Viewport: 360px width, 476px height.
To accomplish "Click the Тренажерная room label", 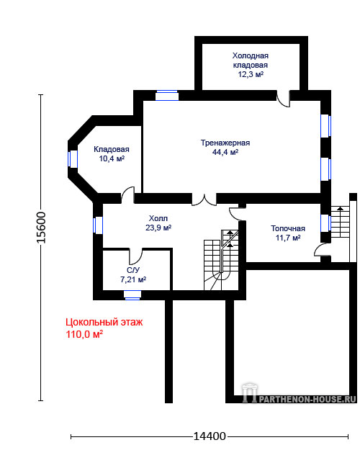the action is pyautogui.click(x=225, y=143).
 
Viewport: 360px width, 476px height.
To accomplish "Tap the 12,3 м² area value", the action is pyautogui.click(x=251, y=74).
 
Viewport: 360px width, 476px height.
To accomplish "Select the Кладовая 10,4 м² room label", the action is pyautogui.click(x=112, y=153).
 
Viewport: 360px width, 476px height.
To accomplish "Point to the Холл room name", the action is pyautogui.click(x=158, y=218).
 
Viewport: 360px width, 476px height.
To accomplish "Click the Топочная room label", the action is pyautogui.click(x=288, y=228).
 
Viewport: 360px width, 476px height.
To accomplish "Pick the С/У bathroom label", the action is pyautogui.click(x=133, y=270).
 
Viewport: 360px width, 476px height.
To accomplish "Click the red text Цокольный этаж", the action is pyautogui.click(x=104, y=322).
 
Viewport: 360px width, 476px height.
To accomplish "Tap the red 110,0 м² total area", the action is pyautogui.click(x=84, y=335).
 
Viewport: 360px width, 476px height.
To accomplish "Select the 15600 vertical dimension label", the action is pyautogui.click(x=41, y=228).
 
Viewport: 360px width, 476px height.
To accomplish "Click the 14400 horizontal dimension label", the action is pyautogui.click(x=210, y=436).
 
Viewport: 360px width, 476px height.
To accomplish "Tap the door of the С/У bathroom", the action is pyautogui.click(x=135, y=256).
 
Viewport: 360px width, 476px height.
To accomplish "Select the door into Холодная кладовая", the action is pyautogui.click(x=284, y=98).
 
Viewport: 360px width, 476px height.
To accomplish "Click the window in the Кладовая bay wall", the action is pyautogui.click(x=73, y=158).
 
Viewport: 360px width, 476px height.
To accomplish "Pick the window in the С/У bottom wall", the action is pyautogui.click(x=132, y=295).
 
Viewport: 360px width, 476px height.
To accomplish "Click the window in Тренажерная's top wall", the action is pyautogui.click(x=166, y=95).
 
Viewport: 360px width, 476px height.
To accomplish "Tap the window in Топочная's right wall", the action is pyautogui.click(x=325, y=223).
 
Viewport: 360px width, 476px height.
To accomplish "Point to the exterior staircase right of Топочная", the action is pyautogui.click(x=341, y=222).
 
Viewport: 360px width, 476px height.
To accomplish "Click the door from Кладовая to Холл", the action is pyautogui.click(x=127, y=195).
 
